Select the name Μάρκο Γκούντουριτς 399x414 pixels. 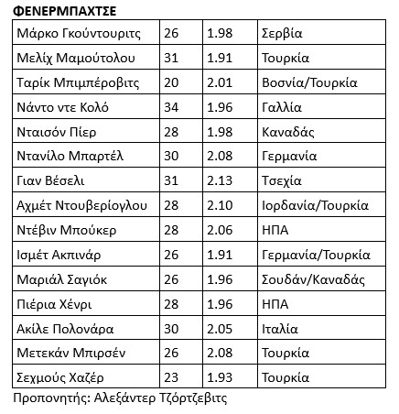click(77, 34)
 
